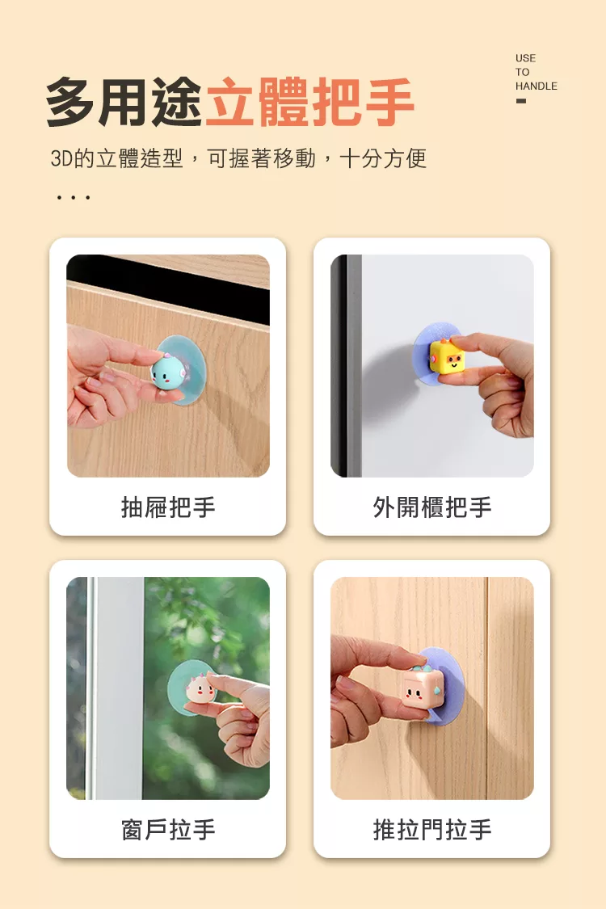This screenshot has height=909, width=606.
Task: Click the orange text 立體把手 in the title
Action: pyautogui.click(x=309, y=103)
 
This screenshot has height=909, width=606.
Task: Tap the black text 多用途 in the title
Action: pyautogui.click(x=124, y=103)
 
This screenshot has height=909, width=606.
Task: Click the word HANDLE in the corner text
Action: pyautogui.click(x=536, y=86)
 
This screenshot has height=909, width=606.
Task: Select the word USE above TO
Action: pyautogui.click(x=525, y=58)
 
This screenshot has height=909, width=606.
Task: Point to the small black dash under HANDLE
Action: pyautogui.click(x=521, y=101)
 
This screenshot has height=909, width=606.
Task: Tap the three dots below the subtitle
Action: pyautogui.click(x=73, y=198)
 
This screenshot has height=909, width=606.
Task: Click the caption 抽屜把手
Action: pyautogui.click(x=168, y=507)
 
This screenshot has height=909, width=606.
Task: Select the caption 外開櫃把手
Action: pyautogui.click(x=432, y=507)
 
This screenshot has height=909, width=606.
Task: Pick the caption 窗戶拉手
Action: pyautogui.click(x=168, y=830)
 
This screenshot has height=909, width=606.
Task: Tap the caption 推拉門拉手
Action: pyautogui.click(x=432, y=830)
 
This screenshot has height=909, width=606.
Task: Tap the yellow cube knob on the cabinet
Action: pyautogui.click(x=447, y=358)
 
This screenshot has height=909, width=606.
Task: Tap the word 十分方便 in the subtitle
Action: pyautogui.click(x=383, y=158)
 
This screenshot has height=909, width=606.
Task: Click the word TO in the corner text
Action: pyautogui.click(x=523, y=72)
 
